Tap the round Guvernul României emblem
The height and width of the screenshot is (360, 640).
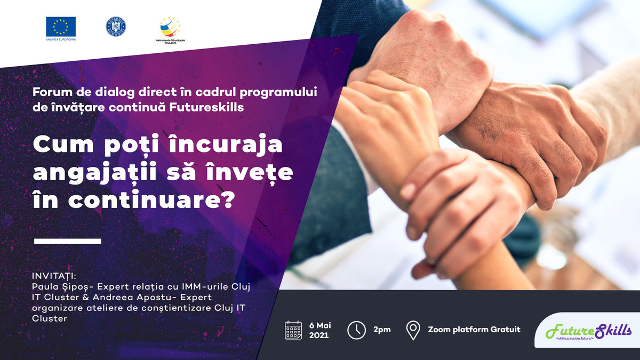tap(116, 27)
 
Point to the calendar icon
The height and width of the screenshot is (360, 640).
tap(293, 330)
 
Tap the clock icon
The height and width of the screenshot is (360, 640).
tap(356, 330)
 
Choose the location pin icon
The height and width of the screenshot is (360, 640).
tap(413, 330)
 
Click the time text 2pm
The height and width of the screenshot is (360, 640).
tap(382, 330)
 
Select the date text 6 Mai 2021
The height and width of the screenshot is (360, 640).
tap(320, 330)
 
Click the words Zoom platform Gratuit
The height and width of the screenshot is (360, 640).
tap(474, 330)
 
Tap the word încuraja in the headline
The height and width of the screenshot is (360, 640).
tap(226, 145)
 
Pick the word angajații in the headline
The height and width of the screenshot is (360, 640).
tap(95, 173)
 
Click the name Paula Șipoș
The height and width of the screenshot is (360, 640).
tap(61, 286)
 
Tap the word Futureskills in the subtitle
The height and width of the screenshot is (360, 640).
tap(206, 107)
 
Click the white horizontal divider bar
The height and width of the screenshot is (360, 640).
tap(68, 242)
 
